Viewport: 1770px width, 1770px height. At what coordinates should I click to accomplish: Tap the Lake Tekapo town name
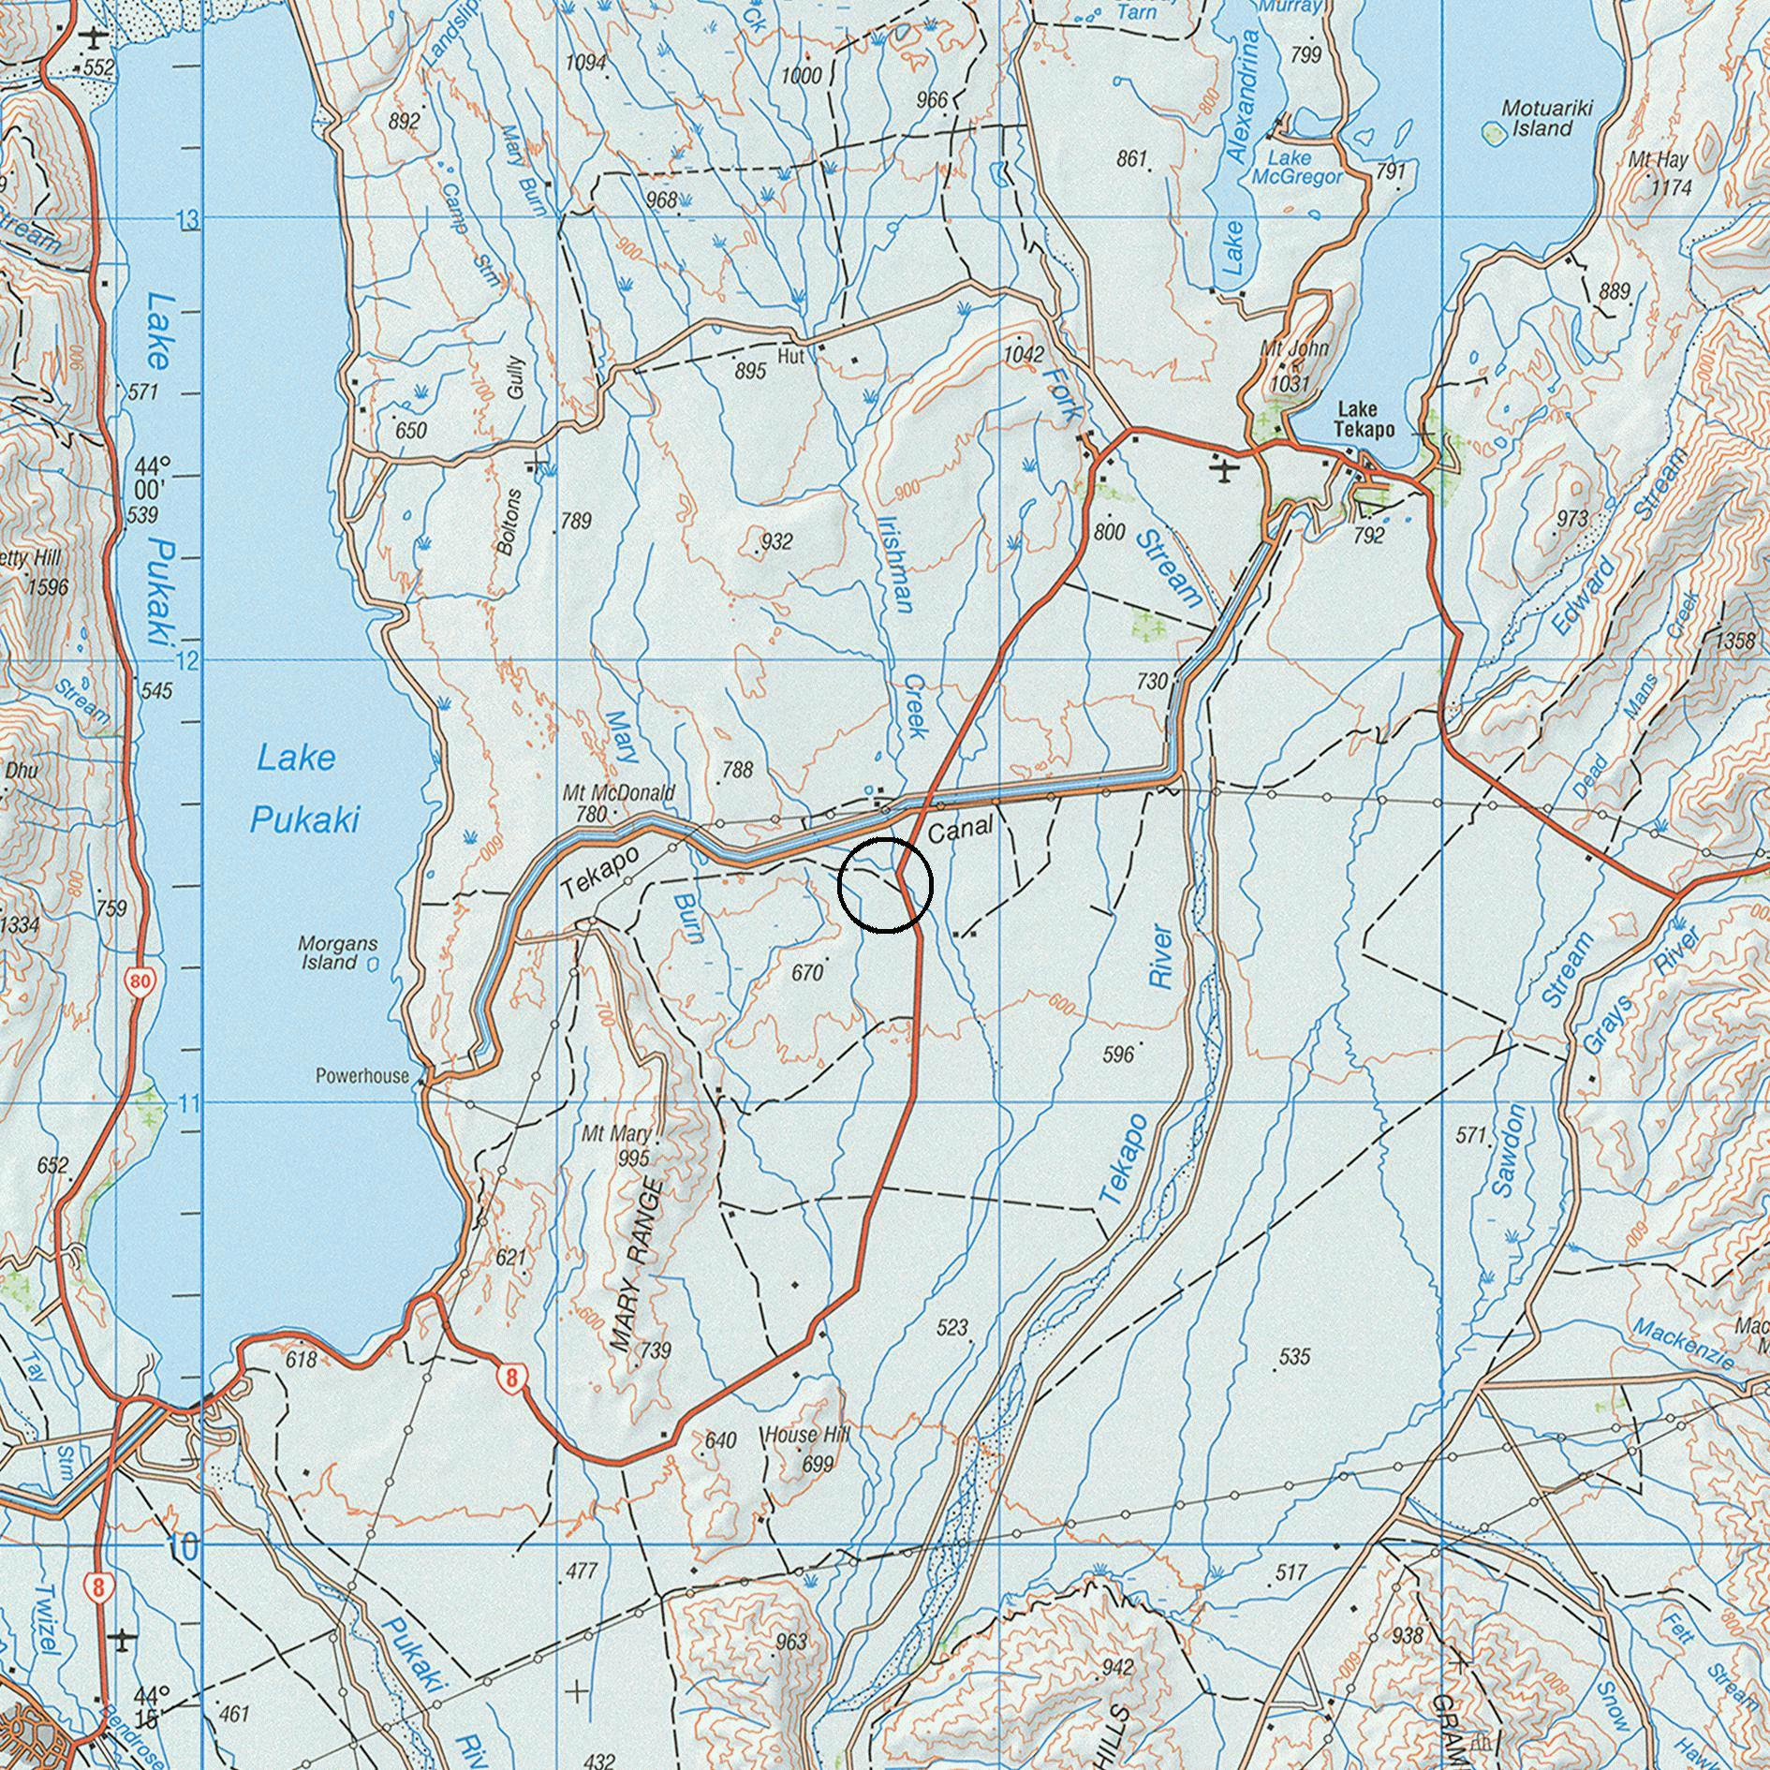1365,420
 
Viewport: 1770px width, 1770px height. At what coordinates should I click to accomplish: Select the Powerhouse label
361,1076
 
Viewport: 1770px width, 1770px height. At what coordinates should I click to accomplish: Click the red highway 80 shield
140,981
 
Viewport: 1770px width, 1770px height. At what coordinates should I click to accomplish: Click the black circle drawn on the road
885,885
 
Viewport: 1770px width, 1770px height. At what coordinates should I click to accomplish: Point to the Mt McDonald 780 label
618,803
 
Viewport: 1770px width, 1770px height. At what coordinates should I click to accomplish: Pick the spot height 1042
1023,354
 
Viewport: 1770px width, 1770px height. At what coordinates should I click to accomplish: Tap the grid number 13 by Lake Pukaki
189,221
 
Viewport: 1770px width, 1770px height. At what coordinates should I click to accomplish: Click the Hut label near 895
791,356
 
